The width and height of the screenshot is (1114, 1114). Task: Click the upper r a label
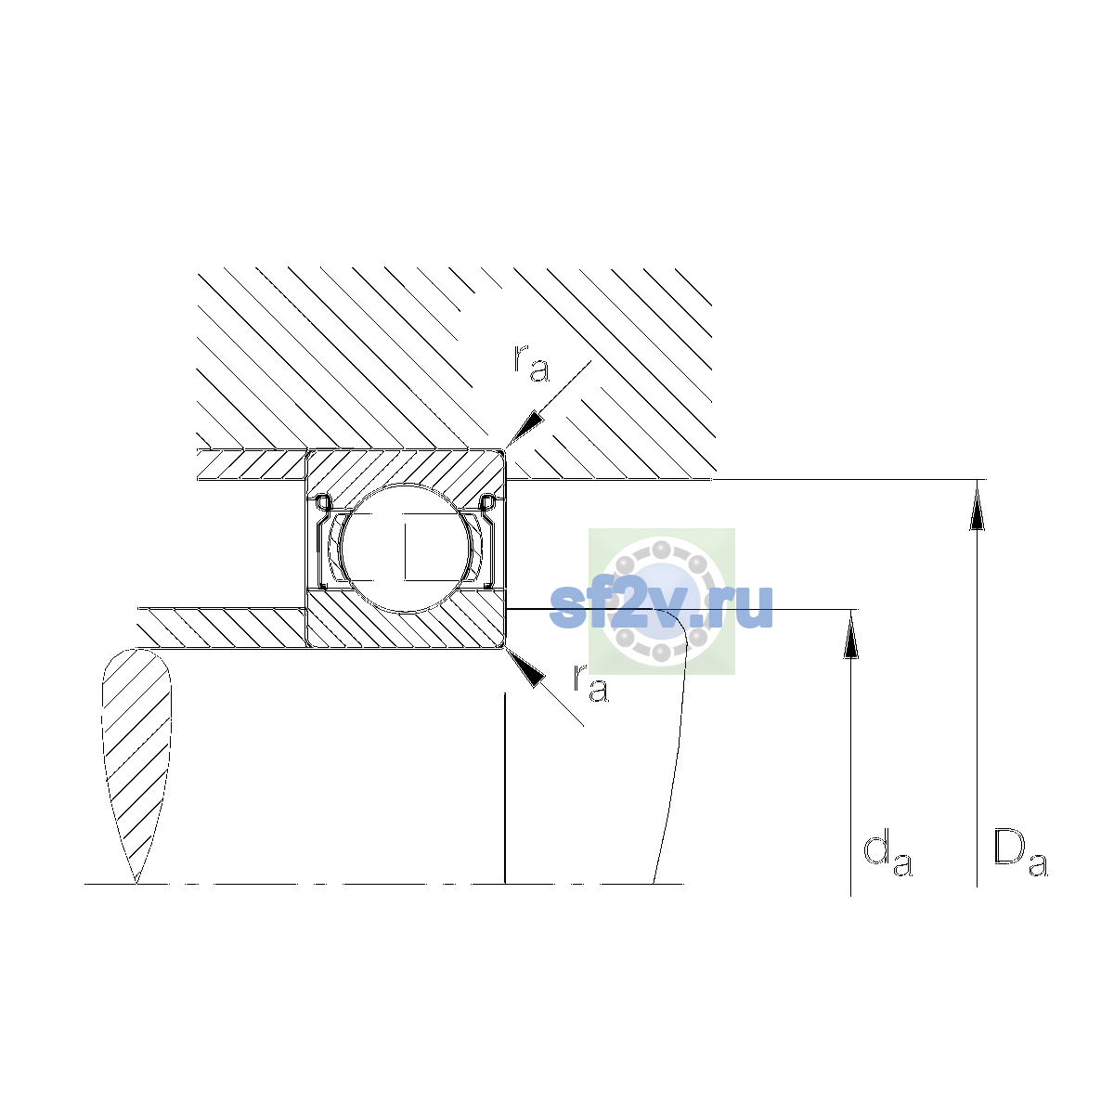tap(531, 364)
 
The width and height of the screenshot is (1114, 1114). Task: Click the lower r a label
tap(590, 683)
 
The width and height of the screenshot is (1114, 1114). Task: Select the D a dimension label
tap(1019, 853)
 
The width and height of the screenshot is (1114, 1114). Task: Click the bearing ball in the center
tap(406, 548)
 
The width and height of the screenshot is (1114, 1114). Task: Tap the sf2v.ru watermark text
tap(661, 605)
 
